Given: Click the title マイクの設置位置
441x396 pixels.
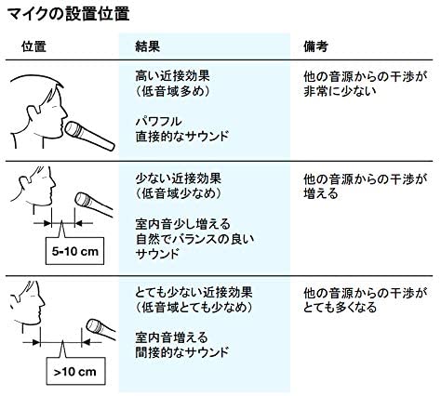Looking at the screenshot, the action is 68,14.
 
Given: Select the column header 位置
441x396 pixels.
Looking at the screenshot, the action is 33,46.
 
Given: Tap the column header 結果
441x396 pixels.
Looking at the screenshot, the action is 148,46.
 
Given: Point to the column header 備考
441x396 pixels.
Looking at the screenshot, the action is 316,46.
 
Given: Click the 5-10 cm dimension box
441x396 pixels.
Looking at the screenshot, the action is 74,251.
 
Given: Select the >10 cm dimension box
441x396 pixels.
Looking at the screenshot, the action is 75,371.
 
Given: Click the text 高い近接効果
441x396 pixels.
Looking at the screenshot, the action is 172,76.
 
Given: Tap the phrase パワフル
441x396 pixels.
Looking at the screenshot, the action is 158,121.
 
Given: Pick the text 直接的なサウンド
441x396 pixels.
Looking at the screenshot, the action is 182,137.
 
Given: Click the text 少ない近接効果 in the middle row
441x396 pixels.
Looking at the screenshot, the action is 179,178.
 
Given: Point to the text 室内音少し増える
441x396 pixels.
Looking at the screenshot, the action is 183,224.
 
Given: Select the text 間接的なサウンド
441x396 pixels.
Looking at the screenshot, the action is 182,352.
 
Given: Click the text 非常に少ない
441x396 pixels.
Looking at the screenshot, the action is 340,91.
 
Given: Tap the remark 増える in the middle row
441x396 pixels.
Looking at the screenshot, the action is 321,194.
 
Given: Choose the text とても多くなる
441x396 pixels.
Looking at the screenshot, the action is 340,308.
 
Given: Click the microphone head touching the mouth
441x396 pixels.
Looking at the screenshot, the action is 73,129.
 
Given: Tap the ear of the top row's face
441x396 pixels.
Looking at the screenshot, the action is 33,114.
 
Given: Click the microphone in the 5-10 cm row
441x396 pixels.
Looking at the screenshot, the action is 94,204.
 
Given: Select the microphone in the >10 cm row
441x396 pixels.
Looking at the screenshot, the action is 100,329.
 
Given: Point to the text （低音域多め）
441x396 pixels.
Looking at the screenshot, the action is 172,91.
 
